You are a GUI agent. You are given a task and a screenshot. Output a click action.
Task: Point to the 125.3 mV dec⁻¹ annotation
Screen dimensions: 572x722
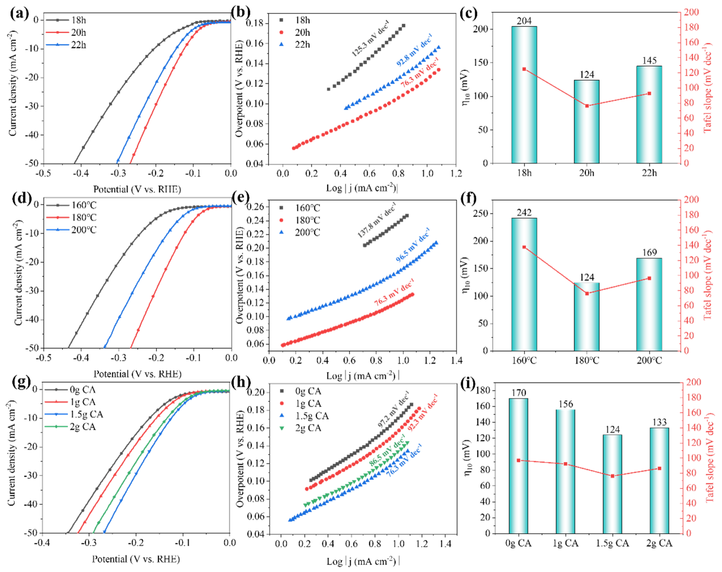click(370, 38)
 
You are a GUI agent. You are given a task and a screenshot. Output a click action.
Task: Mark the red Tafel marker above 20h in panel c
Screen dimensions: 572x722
click(587, 106)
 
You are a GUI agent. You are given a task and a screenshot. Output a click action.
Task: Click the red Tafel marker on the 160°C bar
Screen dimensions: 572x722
click(524, 247)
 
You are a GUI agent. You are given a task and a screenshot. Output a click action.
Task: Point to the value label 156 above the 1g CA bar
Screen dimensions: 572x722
click(565, 404)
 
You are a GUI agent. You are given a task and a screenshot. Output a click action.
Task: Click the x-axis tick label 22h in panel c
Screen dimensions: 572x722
click(649, 173)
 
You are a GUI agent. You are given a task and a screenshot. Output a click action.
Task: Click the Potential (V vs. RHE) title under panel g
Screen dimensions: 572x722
click(136, 559)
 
